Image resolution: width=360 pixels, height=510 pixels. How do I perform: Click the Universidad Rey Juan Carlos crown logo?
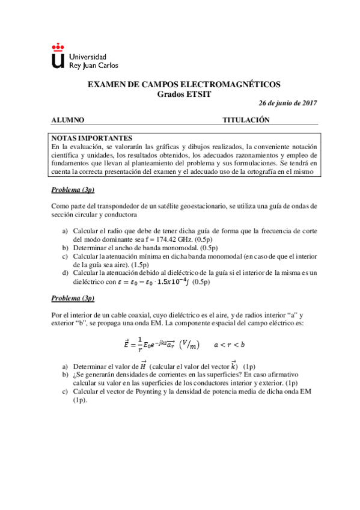[x=58, y=55]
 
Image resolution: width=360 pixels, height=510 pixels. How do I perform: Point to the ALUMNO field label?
[x=67, y=120]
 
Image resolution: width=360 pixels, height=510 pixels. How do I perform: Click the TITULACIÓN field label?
[x=246, y=120]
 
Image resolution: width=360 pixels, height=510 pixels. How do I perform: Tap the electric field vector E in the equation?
[x=126, y=344]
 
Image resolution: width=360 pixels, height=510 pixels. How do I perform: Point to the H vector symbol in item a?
[x=143, y=366]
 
